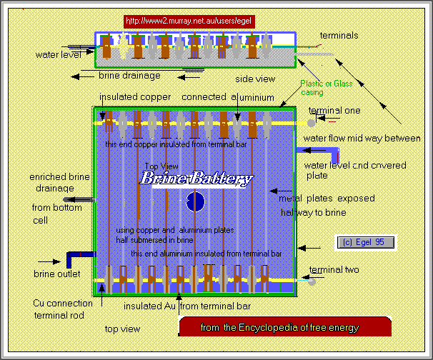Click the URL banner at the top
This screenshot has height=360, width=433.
(x=189, y=21)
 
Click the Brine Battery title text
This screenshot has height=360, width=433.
(x=196, y=179)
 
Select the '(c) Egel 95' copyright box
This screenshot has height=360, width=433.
(x=365, y=242)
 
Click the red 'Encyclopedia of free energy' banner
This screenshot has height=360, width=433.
(x=285, y=328)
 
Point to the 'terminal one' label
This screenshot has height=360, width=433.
(x=334, y=111)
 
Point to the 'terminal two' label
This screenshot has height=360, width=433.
(x=334, y=270)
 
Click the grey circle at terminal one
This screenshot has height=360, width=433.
(x=312, y=123)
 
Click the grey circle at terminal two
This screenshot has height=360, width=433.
(x=312, y=281)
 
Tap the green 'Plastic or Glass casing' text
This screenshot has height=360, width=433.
(x=326, y=88)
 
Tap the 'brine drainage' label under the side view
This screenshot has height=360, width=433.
(x=129, y=74)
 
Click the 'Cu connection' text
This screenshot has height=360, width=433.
(x=63, y=304)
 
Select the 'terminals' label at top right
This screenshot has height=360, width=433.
(x=339, y=35)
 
